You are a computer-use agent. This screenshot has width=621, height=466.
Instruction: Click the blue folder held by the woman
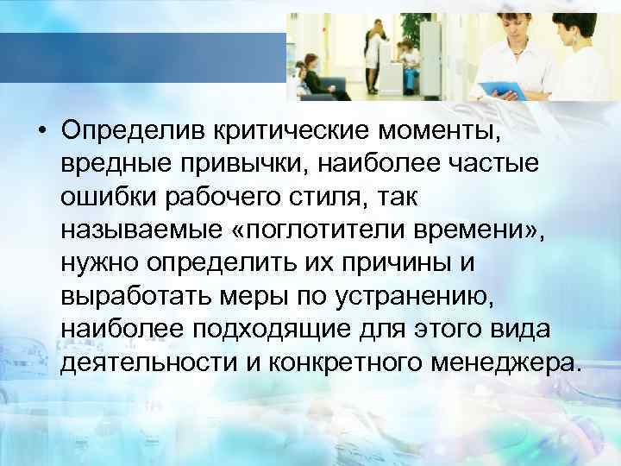point(505,87)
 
